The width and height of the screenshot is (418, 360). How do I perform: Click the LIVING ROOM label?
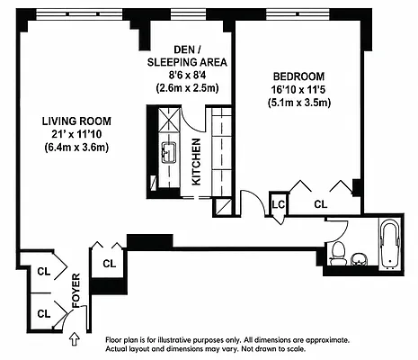pos(76,121)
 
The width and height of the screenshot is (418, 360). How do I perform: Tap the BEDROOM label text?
pos(298,76)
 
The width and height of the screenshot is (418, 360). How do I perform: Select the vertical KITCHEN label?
pos(196,162)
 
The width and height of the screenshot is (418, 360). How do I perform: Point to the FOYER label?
pos(76,291)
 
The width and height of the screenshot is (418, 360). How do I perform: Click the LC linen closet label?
pos(279,204)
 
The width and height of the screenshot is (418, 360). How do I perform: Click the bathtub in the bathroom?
pos(390,245)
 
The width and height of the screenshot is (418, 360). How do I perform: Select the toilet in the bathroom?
pos(337,254)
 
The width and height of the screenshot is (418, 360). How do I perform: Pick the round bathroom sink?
pos(359,259)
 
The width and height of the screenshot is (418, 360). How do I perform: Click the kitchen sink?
pos(170,153)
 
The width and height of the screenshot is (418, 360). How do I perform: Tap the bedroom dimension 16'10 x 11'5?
pos(298,90)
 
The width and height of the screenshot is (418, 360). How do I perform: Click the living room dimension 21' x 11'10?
pos(76,134)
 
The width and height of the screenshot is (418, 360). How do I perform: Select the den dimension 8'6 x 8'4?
pos(187,75)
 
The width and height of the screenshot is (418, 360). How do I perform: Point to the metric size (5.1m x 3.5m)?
pos(299,103)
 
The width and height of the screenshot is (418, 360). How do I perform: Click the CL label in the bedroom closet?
pos(321,204)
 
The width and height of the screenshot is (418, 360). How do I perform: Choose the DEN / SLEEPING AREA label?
pos(187,56)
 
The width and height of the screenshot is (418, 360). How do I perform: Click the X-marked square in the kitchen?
pos(170,120)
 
